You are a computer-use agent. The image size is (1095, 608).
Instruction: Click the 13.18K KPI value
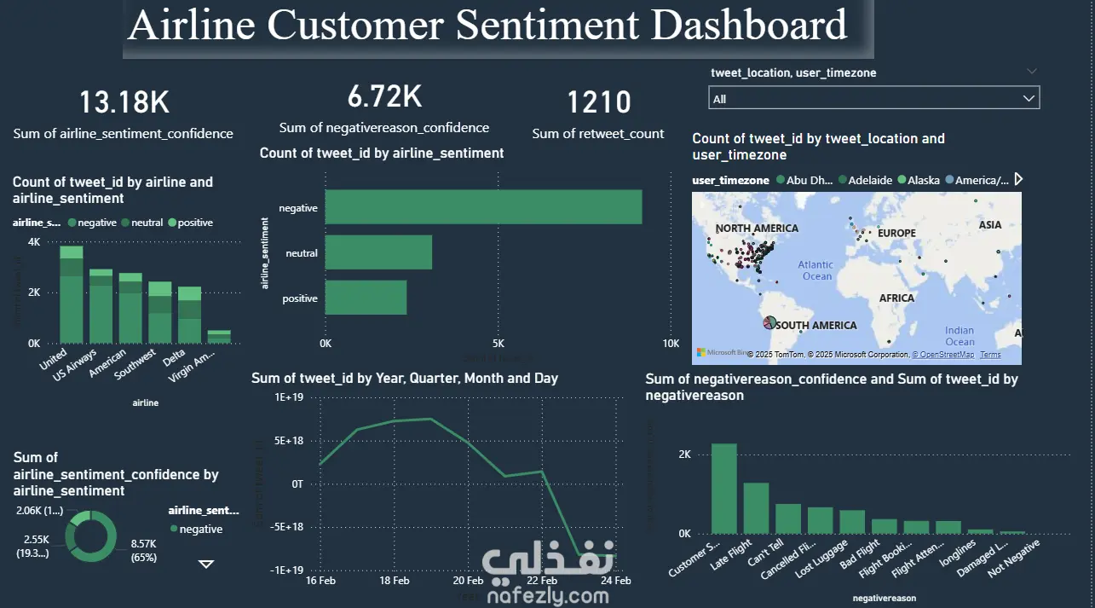pyautogui.click(x=124, y=103)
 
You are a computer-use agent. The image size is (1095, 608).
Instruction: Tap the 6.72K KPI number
pyautogui.click(x=384, y=97)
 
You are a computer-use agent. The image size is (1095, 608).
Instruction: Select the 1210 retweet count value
pyautogui.click(x=599, y=103)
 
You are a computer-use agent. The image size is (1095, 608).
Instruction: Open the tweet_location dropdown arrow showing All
pyautogui.click(x=1029, y=99)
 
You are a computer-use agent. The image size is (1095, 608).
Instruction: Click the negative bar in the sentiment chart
pyautogui.click(x=483, y=207)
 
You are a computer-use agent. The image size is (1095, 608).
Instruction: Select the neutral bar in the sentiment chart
pyautogui.click(x=378, y=252)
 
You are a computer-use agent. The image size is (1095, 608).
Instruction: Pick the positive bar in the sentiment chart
pyautogui.click(x=366, y=298)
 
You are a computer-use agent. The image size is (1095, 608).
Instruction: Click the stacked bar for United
pyautogui.click(x=72, y=294)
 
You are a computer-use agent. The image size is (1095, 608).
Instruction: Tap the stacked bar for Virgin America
pyautogui.click(x=219, y=336)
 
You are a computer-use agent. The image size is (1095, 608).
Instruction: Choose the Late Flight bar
pyautogui.click(x=756, y=507)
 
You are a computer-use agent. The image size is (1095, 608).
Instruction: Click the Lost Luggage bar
pyautogui.click(x=852, y=521)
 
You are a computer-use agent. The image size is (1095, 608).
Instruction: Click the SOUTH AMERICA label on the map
pyautogui.click(x=815, y=325)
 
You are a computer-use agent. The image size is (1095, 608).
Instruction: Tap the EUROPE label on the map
pyautogui.click(x=896, y=233)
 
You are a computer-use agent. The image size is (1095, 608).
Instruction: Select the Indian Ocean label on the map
pyautogui.click(x=960, y=336)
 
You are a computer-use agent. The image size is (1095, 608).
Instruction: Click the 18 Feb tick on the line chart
pyautogui.click(x=394, y=581)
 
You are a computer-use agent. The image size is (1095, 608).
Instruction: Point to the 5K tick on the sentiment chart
pyautogui.click(x=499, y=344)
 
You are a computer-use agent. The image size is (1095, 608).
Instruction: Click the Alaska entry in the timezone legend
pyautogui.click(x=924, y=180)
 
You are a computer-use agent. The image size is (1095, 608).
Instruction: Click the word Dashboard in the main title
pyautogui.click(x=750, y=26)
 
